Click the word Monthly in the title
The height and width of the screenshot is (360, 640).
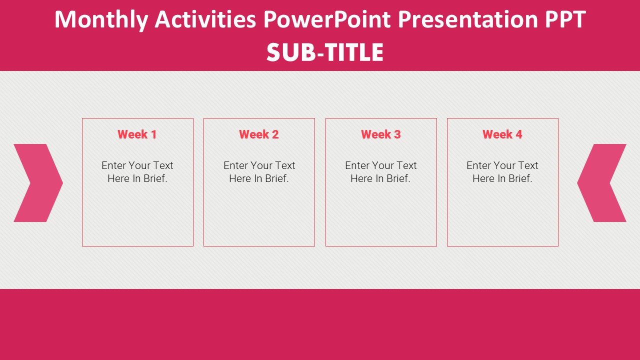point(101,20)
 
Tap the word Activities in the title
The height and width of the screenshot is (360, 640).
point(205,19)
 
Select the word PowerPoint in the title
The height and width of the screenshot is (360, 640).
point(327,19)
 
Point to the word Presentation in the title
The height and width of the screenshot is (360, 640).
point(468,19)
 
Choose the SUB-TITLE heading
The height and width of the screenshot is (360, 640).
point(325,52)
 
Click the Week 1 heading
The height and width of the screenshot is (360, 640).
point(137,134)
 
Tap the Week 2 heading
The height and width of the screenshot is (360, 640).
point(259,134)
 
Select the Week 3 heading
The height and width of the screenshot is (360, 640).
point(381,134)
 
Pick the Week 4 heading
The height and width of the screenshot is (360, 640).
point(502,134)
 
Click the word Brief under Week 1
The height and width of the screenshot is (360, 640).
point(155,178)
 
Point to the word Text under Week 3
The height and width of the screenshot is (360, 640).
point(406,165)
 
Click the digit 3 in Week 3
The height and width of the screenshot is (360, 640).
point(397,134)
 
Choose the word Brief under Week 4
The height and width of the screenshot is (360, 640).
point(520,178)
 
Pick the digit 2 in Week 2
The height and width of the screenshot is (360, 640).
point(275,134)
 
